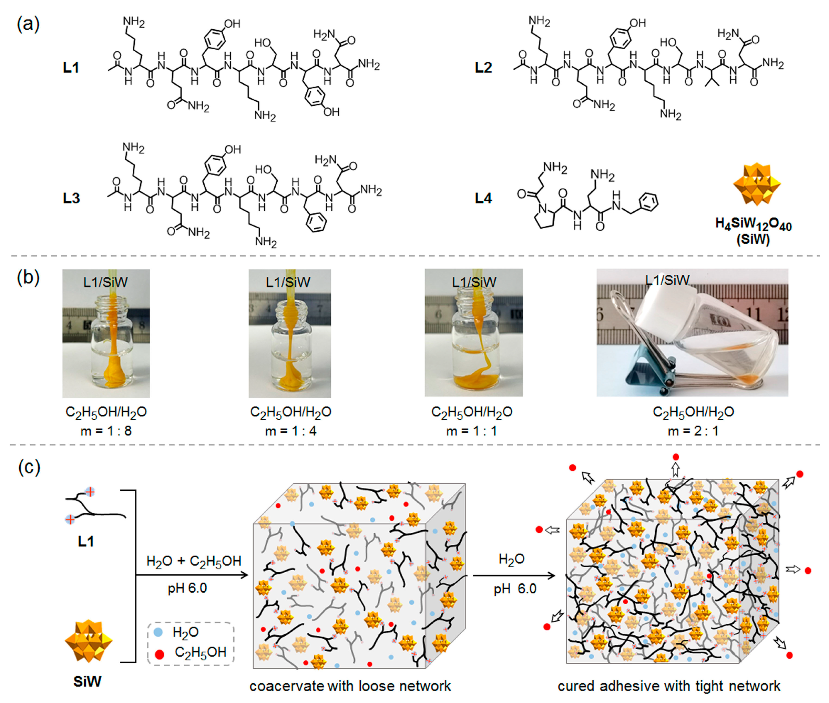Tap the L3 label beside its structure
click(71, 198)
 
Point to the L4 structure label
click(483, 198)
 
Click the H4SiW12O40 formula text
click(753, 224)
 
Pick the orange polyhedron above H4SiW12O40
click(757, 184)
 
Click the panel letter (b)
click(28, 278)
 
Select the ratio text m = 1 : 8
click(106, 431)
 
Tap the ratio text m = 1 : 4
click(291, 431)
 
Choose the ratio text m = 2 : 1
click(693, 431)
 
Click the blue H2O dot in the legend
click(158, 632)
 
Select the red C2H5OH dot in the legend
click(159, 654)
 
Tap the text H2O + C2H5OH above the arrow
click(194, 561)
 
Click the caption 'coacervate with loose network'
click(350, 686)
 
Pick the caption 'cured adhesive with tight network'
click(669, 686)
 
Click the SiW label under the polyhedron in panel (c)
click(87, 682)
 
